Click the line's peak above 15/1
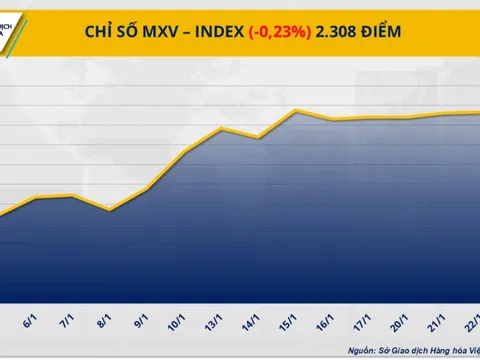tap(297, 110)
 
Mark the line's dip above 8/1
tap(110, 210)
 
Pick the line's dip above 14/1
tap(259, 138)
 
